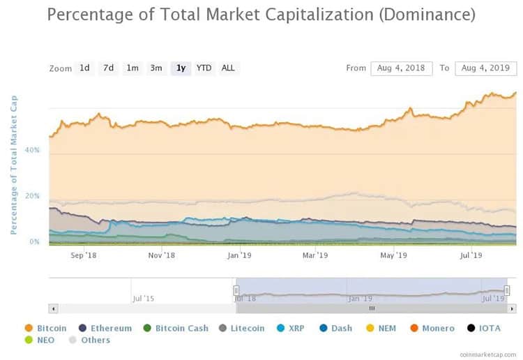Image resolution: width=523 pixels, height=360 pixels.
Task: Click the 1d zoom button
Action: tap(84, 68)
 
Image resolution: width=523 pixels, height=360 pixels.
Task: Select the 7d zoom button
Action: tap(108, 68)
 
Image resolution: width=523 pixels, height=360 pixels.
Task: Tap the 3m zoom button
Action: tap(156, 68)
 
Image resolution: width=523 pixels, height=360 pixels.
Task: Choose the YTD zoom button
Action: tap(204, 68)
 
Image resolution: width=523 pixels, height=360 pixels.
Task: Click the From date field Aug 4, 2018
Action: tap(401, 68)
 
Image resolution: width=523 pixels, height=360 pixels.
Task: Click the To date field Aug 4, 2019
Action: tap(485, 68)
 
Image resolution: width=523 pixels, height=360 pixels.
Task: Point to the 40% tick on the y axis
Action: tap(33, 150)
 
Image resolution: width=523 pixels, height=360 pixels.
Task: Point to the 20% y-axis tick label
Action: tap(33, 196)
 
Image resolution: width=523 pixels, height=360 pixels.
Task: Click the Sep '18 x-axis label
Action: tap(84, 255)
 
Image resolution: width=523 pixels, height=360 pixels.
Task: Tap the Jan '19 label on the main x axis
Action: tap(239, 255)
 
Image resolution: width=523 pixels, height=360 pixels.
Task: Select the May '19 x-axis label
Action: tap(393, 255)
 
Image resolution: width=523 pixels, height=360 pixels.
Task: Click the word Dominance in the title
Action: tap(427, 15)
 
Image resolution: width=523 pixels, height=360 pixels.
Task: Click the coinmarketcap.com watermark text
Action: tap(488, 354)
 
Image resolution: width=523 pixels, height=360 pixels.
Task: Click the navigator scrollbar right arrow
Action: tap(512, 308)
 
